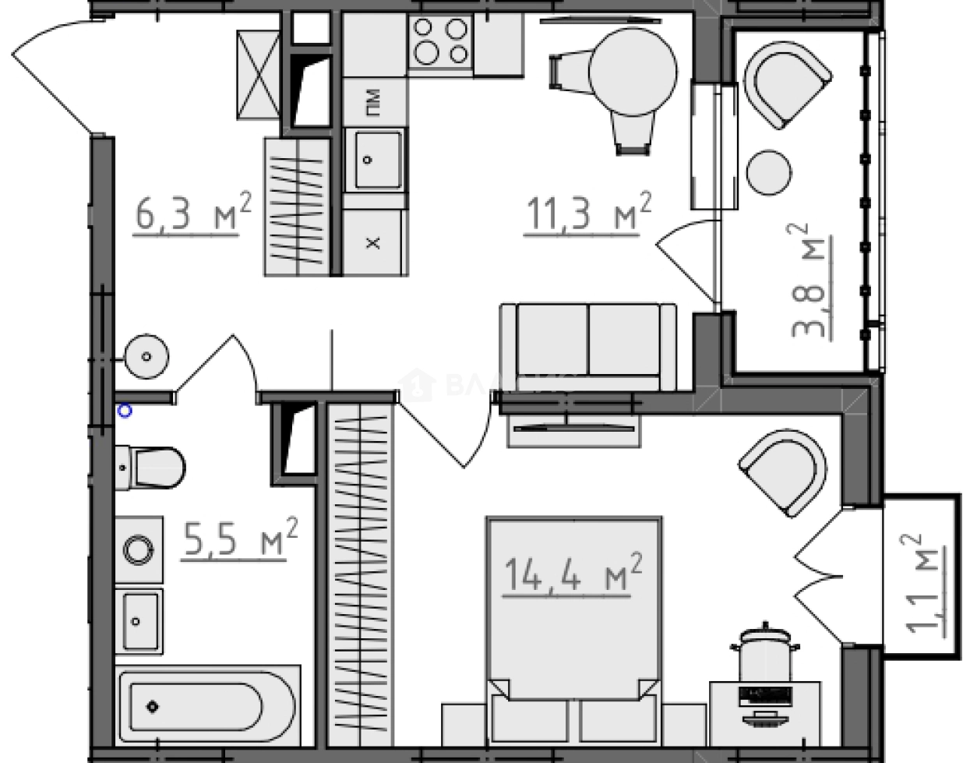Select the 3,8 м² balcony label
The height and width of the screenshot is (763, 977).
coord(809,280)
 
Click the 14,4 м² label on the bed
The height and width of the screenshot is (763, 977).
coord(573,575)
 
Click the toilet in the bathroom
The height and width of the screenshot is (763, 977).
coord(152,467)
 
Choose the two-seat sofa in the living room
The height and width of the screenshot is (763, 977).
coord(588,346)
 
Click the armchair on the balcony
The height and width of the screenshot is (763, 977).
coord(785,83)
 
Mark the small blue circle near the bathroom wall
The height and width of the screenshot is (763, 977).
coord(125,411)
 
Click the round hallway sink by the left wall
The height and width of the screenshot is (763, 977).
coord(146,356)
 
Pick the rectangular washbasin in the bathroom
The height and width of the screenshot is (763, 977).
coord(139,621)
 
